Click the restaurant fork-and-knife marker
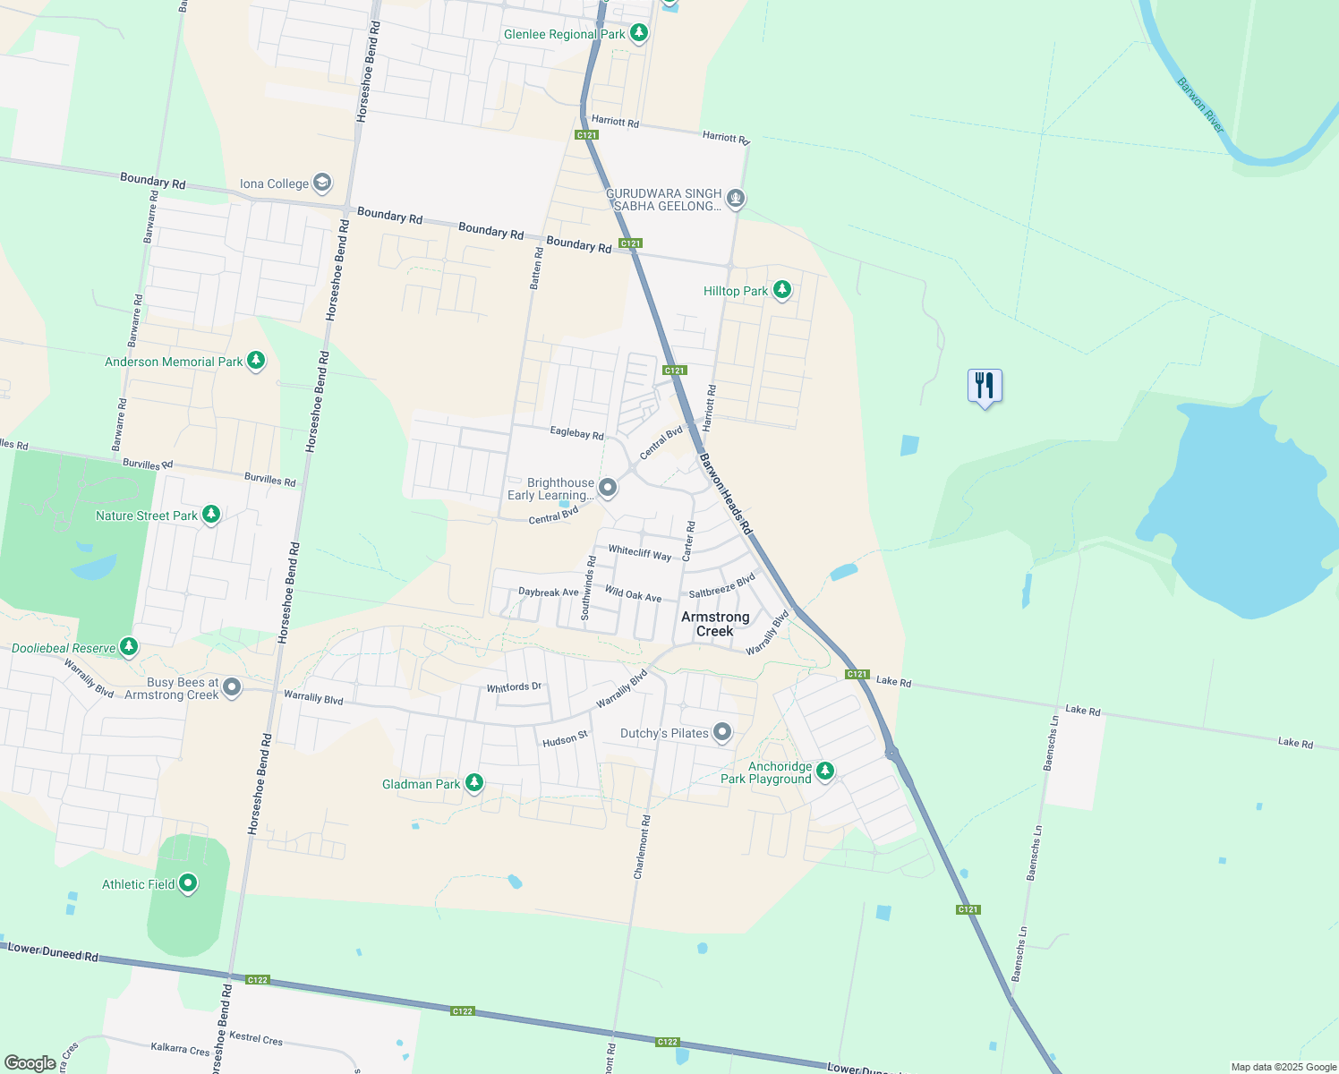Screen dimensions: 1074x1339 (985, 386)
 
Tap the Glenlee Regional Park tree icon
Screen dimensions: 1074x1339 (638, 33)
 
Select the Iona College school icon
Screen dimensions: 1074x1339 (322, 183)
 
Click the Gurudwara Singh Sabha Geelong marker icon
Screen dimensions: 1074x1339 (736, 198)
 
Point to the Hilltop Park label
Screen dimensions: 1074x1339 (736, 291)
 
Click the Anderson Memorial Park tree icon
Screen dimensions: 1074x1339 (256, 361)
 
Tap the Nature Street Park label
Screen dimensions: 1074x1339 (147, 516)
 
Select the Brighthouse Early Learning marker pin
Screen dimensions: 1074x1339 (608, 488)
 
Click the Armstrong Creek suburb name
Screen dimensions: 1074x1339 (715, 624)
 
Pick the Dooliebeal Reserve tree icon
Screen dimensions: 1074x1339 (129, 646)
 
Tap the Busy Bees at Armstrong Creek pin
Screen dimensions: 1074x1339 (232, 687)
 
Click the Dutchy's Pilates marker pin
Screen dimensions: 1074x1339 (722, 732)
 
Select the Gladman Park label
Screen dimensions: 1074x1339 (421, 784)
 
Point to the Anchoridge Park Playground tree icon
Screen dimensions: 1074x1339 (825, 771)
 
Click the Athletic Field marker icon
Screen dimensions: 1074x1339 (188, 883)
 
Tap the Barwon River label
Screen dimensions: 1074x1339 (1201, 105)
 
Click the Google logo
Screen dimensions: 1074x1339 (30, 1062)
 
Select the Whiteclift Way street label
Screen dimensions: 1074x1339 (639, 553)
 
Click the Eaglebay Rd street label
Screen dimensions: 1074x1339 (576, 433)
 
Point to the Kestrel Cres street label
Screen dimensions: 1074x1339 (256, 1038)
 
